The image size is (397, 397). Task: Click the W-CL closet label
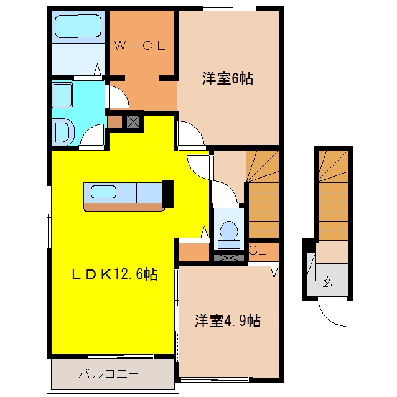pyautogui.click(x=139, y=45)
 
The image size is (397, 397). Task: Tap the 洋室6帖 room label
pyautogui.click(x=228, y=78)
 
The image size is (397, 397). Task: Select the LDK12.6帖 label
pyautogui.click(x=114, y=274)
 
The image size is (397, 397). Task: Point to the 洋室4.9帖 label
pyautogui.click(x=228, y=320)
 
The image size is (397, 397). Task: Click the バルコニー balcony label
pyautogui.click(x=109, y=374)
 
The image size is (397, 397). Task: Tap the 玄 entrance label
pyautogui.click(x=328, y=281)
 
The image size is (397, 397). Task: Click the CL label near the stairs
pyautogui.click(x=258, y=251)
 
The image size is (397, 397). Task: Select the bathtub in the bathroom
pyautogui.click(x=78, y=26)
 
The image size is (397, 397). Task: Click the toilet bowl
pyautogui.click(x=229, y=231)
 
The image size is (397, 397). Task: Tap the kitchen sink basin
pyautogui.click(x=103, y=192)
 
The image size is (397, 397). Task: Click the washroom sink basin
pyautogui.click(x=63, y=95)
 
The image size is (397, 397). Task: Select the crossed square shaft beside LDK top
pyautogui.click(x=133, y=121)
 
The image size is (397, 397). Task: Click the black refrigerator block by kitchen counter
pyautogui.click(x=168, y=194)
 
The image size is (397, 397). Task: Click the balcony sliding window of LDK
pyautogui.click(x=121, y=357)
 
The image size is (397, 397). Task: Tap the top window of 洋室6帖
pyautogui.click(x=230, y=8)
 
